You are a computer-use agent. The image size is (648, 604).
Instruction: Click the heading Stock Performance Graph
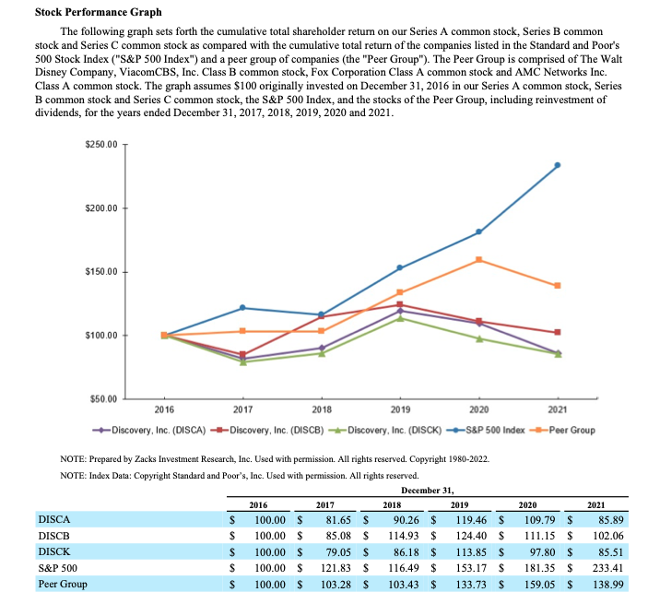click(x=98, y=12)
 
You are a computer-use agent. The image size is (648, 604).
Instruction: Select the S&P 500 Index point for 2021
click(x=558, y=165)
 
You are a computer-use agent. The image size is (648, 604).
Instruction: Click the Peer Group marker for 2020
click(x=479, y=260)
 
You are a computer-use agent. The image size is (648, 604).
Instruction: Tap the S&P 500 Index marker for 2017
click(x=242, y=307)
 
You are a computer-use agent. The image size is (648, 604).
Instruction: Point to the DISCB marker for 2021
click(x=558, y=332)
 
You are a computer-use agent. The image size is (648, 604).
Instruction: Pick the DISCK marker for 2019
click(x=400, y=318)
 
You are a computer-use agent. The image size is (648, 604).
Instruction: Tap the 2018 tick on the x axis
click(x=322, y=408)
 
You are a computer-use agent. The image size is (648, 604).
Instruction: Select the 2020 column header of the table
click(x=528, y=504)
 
